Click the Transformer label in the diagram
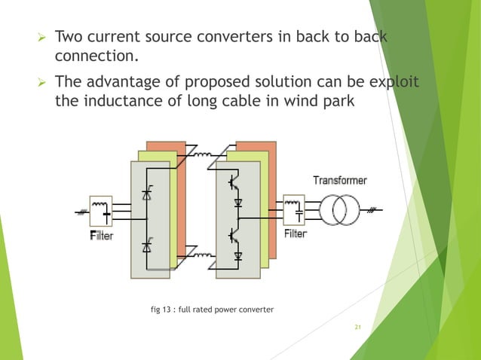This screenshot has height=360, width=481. point(340,181)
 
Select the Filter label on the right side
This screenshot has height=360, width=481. point(295,234)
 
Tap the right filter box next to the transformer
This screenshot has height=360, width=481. point(294,212)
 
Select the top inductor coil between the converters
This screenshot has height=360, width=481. point(202,155)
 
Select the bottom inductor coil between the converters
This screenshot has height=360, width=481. point(202,256)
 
